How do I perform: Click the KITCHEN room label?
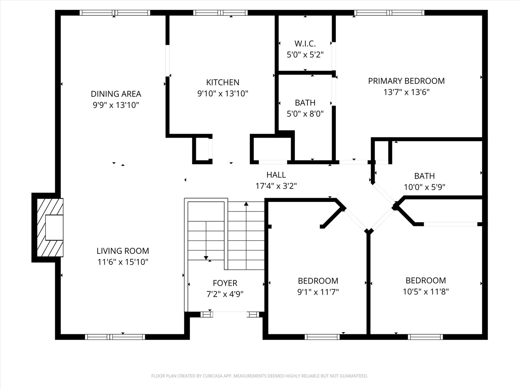point(223,82)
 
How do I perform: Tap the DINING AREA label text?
point(116,94)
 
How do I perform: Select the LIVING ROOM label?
point(123,251)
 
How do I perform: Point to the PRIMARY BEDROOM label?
point(406,81)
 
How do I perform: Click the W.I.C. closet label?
point(305,43)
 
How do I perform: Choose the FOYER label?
point(225,283)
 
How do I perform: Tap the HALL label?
point(276,175)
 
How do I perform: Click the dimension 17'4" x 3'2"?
point(276,186)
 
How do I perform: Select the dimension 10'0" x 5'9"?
point(425,187)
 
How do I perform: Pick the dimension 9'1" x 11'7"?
point(318,292)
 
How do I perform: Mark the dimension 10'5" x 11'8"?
point(426,291)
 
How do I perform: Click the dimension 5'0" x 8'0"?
point(305,114)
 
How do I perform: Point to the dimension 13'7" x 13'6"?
point(406,92)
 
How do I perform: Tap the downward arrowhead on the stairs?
point(206,257)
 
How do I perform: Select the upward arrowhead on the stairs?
point(246,204)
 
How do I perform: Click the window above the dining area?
point(115,13)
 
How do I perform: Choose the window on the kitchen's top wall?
point(221,13)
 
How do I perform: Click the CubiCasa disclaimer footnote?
point(259,376)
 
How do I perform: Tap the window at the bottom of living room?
point(115,336)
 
